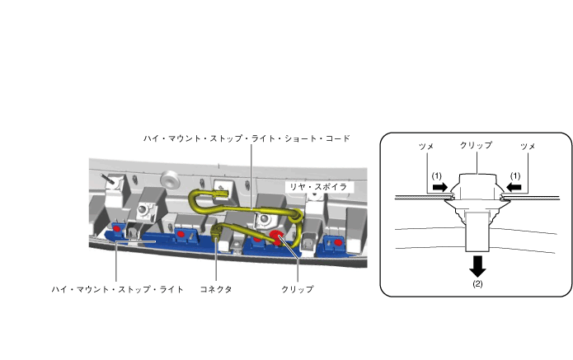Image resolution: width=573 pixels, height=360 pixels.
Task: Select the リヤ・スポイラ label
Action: pyautogui.click(x=314, y=188)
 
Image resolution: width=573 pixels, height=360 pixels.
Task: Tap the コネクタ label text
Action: pyautogui.click(x=217, y=290)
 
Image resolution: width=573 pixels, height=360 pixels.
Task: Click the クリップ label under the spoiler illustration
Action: pyautogui.click(x=298, y=290)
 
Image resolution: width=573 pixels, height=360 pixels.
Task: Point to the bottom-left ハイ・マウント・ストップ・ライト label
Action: pyautogui.click(x=116, y=290)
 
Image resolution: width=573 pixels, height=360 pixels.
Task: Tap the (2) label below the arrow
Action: pyautogui.click(x=475, y=283)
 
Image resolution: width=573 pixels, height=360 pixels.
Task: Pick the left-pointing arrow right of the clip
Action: pyautogui.click(x=512, y=188)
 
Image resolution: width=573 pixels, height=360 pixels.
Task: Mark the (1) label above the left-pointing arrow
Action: pyautogui.click(x=515, y=176)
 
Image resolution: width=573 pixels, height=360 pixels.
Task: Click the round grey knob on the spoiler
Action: pyautogui.click(x=171, y=177)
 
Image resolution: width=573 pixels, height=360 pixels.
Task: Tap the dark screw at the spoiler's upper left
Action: pyautogui.click(x=107, y=176)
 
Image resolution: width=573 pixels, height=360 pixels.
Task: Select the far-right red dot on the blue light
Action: pyautogui.click(x=336, y=244)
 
